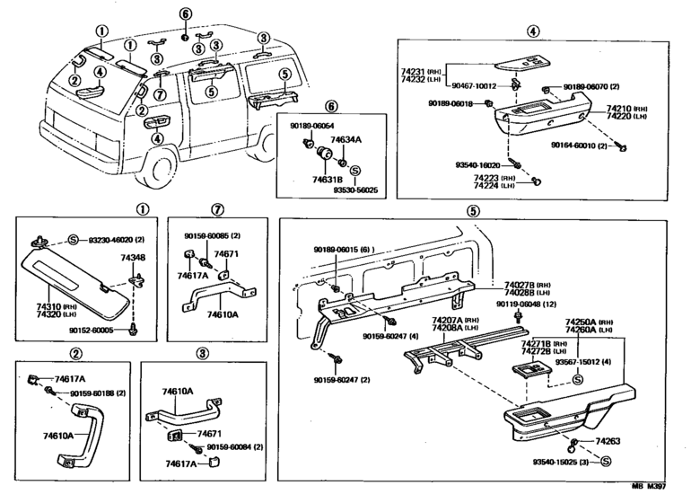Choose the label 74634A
tap(345, 141)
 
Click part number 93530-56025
tap(352, 191)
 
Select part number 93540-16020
tap(477, 166)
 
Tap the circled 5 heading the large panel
tap(474, 212)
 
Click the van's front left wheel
tap(163, 165)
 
